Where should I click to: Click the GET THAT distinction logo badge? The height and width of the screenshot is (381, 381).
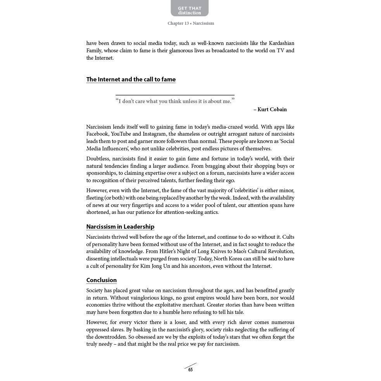click(x=190, y=8)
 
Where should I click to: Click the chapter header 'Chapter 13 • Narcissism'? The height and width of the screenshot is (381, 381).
click(x=191, y=23)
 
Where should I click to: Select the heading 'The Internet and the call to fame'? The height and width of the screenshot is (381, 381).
click(x=131, y=79)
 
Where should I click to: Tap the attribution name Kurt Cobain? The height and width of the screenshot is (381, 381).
click(x=272, y=110)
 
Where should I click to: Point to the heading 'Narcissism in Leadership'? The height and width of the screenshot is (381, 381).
click(x=120, y=227)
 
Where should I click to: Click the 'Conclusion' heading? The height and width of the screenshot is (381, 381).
click(x=101, y=280)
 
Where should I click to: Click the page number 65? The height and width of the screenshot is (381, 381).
click(x=190, y=370)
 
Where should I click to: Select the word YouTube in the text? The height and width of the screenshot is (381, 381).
click(x=121, y=134)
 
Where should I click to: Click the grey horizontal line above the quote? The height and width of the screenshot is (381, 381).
click(x=175, y=95)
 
